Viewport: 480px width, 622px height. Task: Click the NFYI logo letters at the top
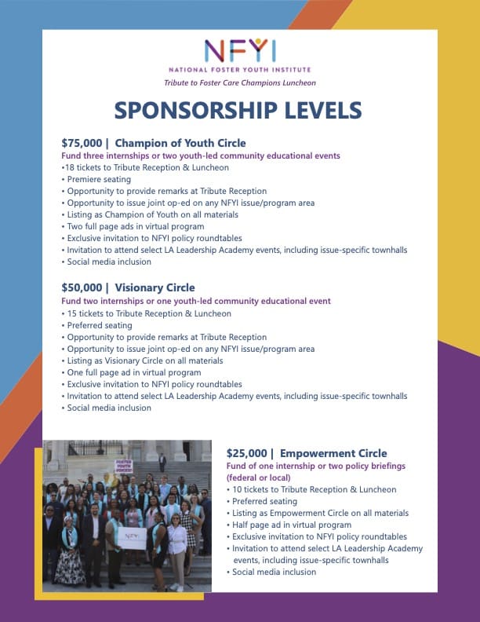240,51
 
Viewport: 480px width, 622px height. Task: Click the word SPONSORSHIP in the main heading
197,110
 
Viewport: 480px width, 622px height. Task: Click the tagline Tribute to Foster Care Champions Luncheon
240,82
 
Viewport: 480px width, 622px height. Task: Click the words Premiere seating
99,179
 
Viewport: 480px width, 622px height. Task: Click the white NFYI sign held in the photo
131,538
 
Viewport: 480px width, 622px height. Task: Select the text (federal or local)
258,477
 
